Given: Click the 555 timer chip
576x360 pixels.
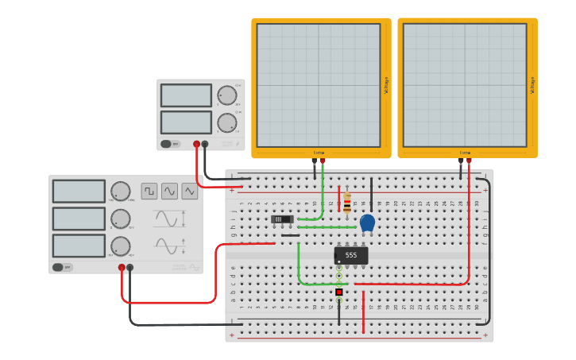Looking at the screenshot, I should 351,255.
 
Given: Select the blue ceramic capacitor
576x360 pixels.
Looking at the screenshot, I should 367,223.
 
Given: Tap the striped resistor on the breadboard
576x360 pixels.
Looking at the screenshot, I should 347,203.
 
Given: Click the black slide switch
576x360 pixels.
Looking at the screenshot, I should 282,219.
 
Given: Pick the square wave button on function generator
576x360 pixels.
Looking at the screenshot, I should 149,191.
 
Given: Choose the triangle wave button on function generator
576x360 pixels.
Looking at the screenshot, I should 189,191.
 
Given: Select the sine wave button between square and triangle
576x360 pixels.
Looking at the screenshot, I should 169,191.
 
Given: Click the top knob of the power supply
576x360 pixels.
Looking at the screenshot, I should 227,95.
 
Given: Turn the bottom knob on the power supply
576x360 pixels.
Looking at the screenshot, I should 227,122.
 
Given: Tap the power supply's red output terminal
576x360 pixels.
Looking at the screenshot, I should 196,145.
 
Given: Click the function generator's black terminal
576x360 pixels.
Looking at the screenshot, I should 130,268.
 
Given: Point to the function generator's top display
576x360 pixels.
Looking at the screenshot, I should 79,192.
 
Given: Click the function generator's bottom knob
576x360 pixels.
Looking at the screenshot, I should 120,246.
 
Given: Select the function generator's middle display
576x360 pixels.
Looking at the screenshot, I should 79,219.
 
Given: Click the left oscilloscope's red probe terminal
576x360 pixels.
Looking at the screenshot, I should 323,161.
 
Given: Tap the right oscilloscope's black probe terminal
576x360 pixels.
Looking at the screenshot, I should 460,161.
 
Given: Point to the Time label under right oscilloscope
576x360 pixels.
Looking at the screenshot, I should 465,153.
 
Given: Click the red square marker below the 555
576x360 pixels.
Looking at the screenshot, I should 339,292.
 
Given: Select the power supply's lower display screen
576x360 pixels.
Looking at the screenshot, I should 186,122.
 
